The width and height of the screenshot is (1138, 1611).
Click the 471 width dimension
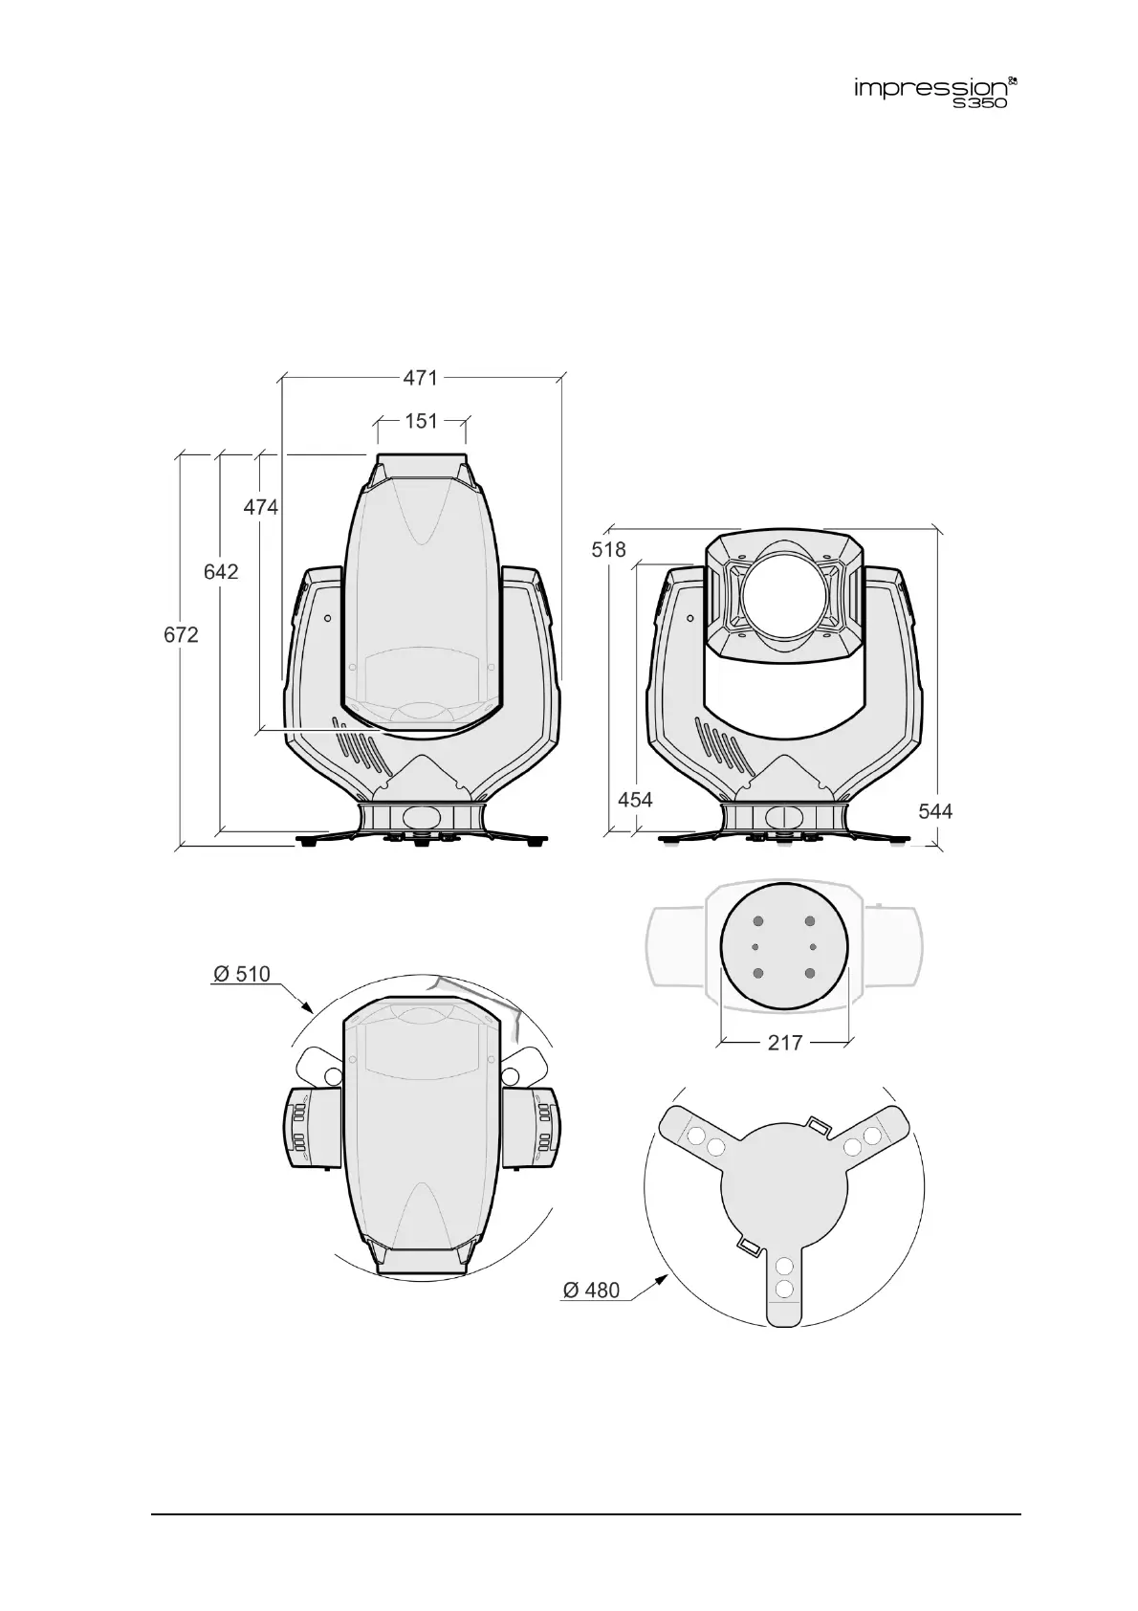421,378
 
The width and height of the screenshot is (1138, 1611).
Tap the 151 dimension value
422,421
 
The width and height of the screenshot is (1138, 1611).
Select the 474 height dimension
260,507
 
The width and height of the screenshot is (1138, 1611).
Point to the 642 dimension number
221,571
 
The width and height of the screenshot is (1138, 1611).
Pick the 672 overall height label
181,634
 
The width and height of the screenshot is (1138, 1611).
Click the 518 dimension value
608,549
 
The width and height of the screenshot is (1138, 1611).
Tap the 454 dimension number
635,799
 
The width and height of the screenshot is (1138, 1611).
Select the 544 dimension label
935,811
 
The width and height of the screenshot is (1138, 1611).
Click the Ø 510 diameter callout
242,974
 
